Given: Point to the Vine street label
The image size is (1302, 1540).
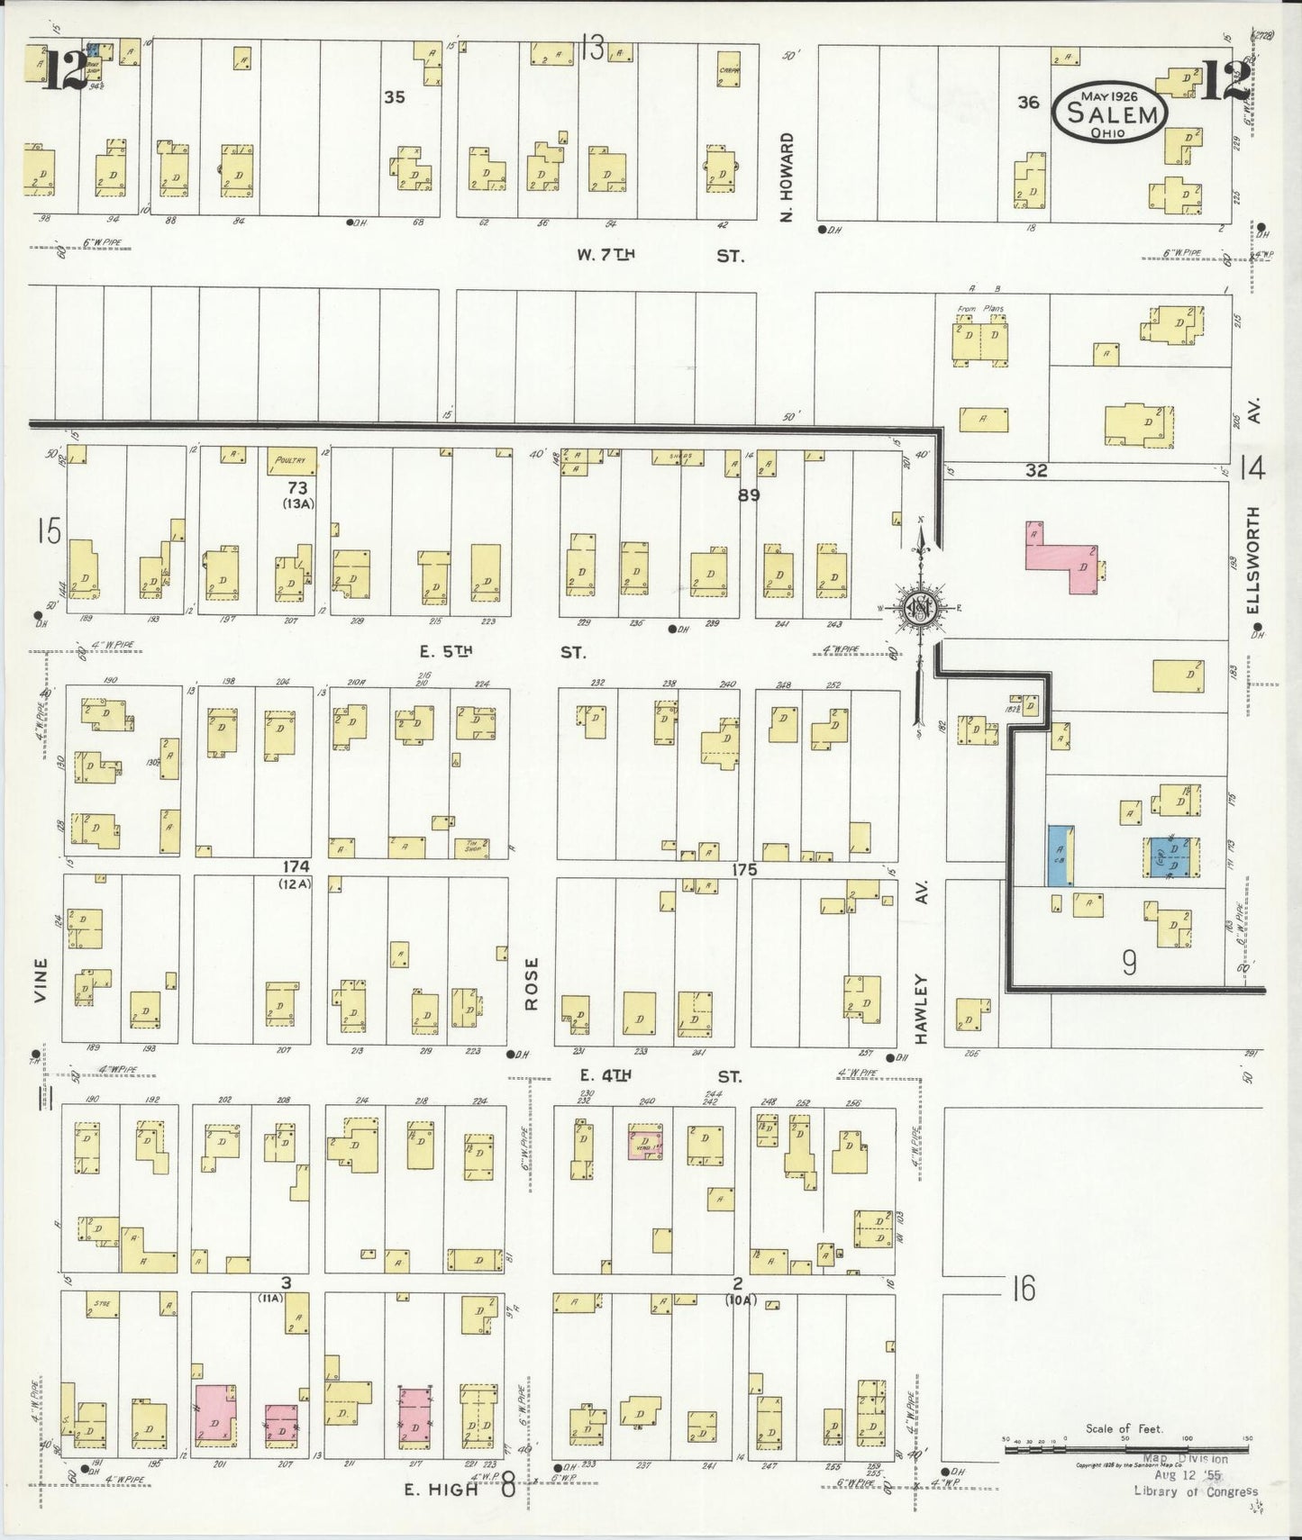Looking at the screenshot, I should [42, 980].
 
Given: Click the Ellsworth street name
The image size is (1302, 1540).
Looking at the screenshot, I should [1253, 560].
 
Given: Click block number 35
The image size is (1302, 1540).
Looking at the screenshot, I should [395, 97].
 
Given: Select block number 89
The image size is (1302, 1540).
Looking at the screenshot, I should [749, 494].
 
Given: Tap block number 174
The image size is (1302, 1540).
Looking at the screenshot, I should [296, 866].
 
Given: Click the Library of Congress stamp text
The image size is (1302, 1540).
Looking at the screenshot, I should [1195, 1491].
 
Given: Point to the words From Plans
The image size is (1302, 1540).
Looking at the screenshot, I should [979, 309].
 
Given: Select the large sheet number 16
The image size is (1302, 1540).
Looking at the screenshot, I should [1023, 1290].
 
